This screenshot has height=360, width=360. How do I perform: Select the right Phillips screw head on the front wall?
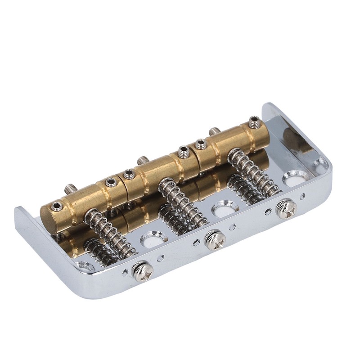pyautogui.click(x=286, y=208)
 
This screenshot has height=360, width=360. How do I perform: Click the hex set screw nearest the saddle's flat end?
pyautogui.click(x=57, y=206)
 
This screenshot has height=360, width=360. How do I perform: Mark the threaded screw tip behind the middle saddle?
pyautogui.click(x=143, y=160)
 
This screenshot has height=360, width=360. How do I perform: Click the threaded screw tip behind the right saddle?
pyautogui.click(x=214, y=131)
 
